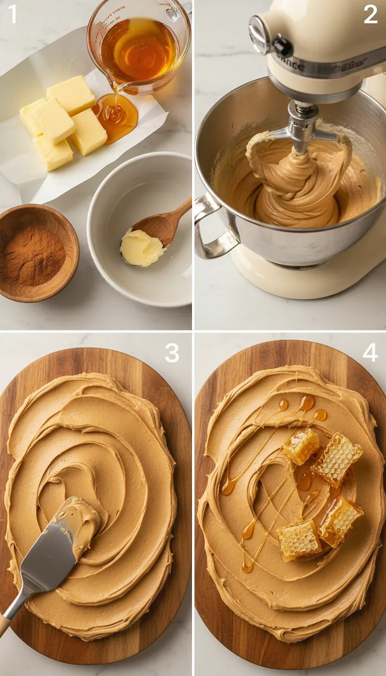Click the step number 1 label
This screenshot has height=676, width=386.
pyautogui.click(x=13, y=14)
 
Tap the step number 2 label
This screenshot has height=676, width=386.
pyautogui.click(x=370, y=14)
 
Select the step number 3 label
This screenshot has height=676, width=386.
pyautogui.click(x=172, y=353)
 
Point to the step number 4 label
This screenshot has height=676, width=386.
pyautogui.click(x=370, y=353)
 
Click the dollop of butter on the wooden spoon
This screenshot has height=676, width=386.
pyautogui.click(x=141, y=248)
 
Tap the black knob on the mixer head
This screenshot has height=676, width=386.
pyautogui.click(x=283, y=47)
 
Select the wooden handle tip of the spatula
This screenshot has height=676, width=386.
pyautogui.click(x=4, y=626)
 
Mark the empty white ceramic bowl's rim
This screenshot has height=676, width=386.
pyautogui.click(x=140, y=158)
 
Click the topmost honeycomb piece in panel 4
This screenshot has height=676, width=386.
pyautogui.click(x=301, y=446)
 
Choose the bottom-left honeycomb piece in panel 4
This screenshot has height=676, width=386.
pyautogui.click(x=299, y=539)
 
